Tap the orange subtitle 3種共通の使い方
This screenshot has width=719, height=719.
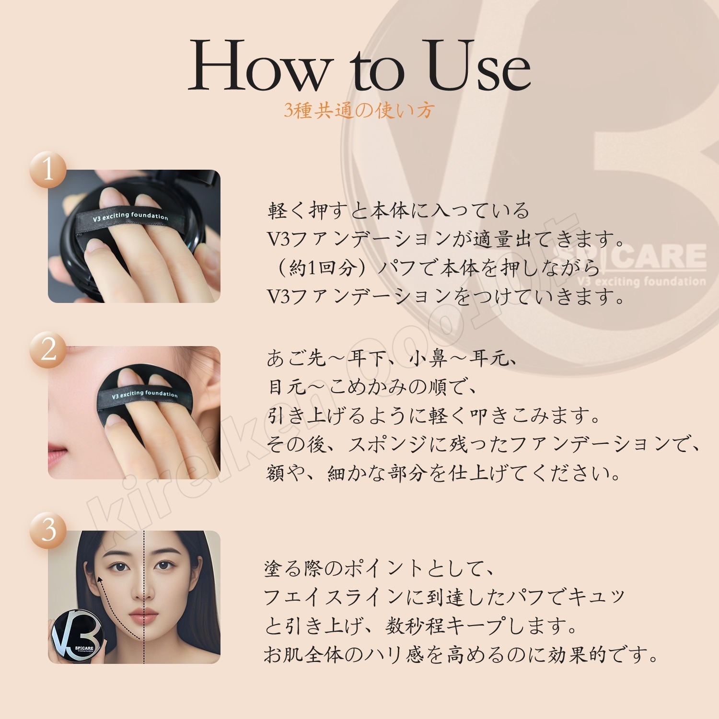[359, 111]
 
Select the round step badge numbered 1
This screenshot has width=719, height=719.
[48, 169]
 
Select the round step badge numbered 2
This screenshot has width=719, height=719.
[48, 350]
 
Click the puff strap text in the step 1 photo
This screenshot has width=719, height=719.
[130, 217]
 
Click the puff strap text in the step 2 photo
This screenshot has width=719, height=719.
[144, 394]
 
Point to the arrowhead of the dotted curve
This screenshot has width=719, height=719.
[100, 580]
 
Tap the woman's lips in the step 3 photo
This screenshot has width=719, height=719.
[143, 616]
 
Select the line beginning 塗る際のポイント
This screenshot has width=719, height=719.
[379, 568]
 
